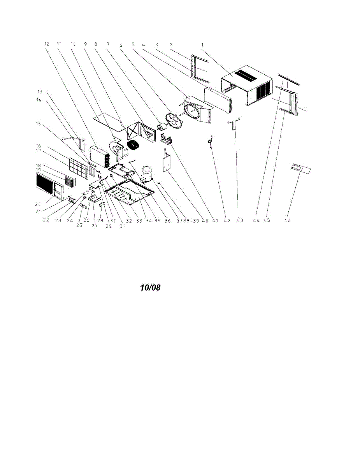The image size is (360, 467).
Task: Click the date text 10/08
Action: coord(150,288)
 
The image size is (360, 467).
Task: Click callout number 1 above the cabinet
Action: coord(202,44)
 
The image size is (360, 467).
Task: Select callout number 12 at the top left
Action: coord(47,44)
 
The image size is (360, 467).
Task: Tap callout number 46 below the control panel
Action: coord(288,220)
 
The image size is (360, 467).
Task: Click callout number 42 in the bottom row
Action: coord(227,220)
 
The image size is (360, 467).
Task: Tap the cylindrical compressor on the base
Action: coord(147,174)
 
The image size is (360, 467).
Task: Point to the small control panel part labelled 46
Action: coord(302,168)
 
